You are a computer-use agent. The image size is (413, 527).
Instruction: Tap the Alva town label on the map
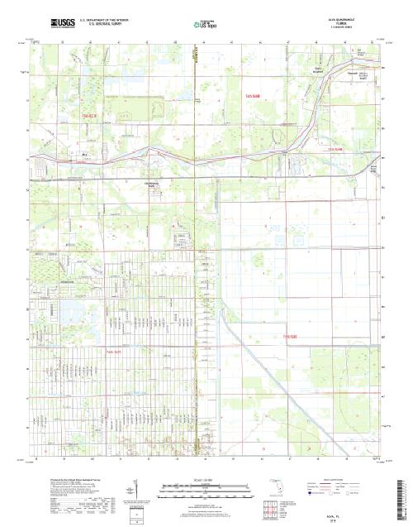point(83,153)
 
